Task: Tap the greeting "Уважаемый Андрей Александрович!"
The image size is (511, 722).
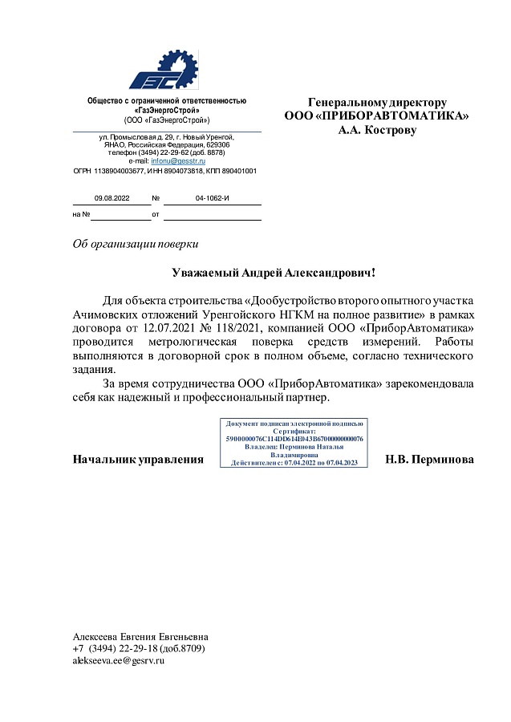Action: (274, 274)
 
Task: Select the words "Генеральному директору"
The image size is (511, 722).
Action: (377, 103)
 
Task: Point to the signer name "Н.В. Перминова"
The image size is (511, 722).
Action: (429, 460)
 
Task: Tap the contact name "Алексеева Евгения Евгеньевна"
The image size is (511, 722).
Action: (140, 635)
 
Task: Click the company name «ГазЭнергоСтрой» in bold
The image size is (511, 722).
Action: (167, 110)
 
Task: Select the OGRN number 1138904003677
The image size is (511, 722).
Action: (128, 171)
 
